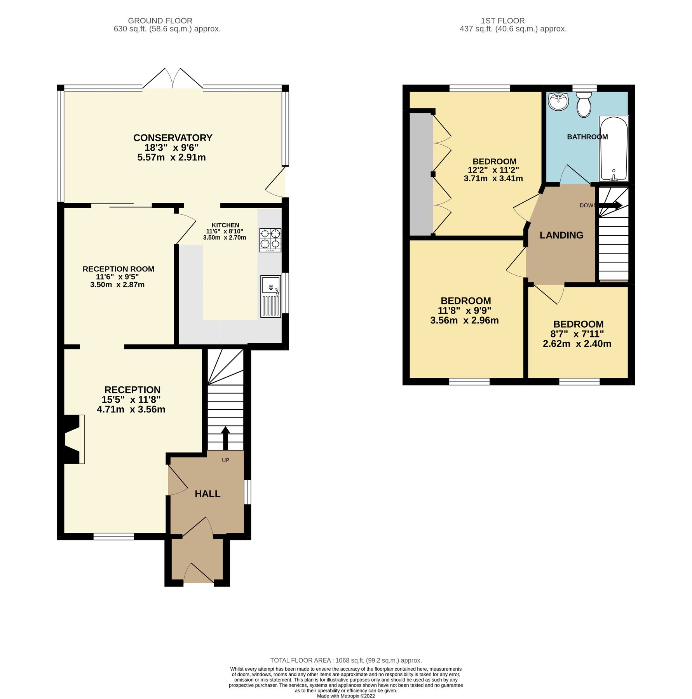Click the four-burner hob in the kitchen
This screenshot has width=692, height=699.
[270, 239]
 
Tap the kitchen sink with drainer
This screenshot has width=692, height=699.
[270, 296]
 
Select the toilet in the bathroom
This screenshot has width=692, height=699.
[584, 104]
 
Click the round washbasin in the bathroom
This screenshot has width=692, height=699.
[558, 102]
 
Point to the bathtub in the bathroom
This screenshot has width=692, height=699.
[614, 149]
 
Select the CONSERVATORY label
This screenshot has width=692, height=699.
[173, 138]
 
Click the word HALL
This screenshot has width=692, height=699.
[207, 494]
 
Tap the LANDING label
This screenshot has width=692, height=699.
[561, 235]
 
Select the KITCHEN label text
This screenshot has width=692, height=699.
[225, 225]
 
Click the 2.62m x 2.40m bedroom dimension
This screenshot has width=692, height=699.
[577, 344]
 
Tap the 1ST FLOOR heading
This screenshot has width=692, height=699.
[502, 21]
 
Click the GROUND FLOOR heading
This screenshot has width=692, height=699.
[160, 21]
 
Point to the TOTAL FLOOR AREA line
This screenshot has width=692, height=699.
[346, 660]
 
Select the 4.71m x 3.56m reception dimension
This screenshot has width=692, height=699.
[131, 409]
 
